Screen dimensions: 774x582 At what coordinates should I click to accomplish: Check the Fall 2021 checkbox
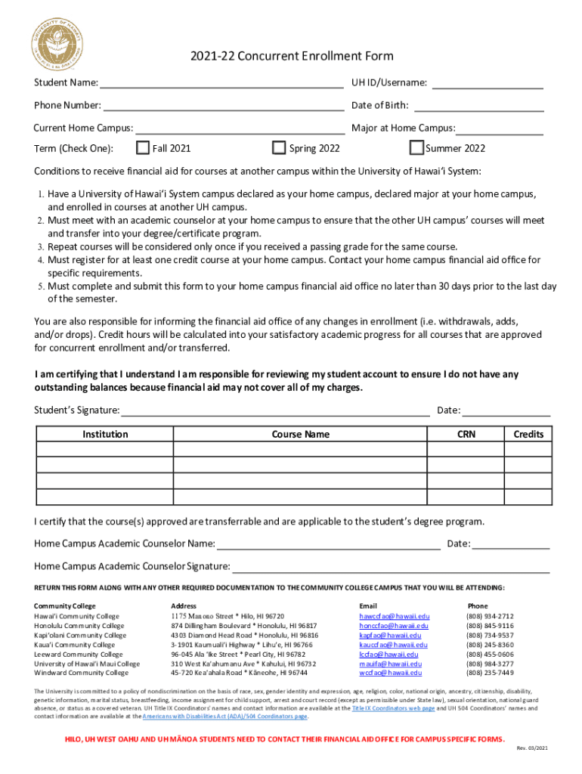point(143,147)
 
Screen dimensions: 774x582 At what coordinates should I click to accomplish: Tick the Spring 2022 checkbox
point(279,147)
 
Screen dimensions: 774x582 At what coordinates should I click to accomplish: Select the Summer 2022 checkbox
point(416,147)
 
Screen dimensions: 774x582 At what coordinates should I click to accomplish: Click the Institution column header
point(105,435)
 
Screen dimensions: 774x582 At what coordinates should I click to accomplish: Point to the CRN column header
point(466,435)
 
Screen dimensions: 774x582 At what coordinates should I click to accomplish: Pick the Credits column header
point(528,435)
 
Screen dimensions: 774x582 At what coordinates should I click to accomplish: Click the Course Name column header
point(300,435)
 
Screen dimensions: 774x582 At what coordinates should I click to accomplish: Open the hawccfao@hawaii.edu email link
point(394,617)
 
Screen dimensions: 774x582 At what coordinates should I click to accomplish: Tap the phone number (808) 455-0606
point(490,655)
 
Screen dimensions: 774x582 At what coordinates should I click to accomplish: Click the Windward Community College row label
point(81,673)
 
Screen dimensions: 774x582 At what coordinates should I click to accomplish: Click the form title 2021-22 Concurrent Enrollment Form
point(291,57)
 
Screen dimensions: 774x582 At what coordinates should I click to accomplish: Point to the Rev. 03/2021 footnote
point(534,748)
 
